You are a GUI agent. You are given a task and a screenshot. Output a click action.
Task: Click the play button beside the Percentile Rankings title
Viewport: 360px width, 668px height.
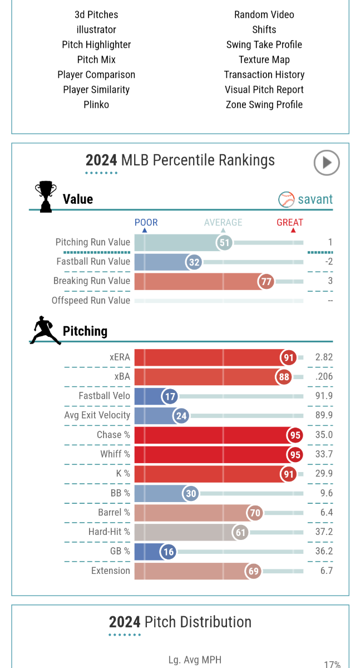click(326, 163)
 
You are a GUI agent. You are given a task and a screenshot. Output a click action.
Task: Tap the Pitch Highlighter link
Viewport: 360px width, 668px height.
click(96, 45)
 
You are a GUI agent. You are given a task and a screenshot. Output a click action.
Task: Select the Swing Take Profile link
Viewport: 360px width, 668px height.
click(264, 45)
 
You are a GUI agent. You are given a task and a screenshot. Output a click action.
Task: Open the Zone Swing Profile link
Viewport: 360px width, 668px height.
click(264, 105)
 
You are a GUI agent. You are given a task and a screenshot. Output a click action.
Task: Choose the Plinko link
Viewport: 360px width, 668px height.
click(96, 105)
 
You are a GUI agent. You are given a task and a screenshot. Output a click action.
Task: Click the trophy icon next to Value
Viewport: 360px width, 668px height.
click(45, 197)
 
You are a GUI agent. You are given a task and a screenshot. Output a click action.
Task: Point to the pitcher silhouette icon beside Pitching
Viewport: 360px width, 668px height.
click(45, 331)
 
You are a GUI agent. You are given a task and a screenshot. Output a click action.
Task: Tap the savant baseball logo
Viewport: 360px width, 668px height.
click(286, 199)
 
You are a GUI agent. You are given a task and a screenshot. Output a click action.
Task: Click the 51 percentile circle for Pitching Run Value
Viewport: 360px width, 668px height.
click(224, 243)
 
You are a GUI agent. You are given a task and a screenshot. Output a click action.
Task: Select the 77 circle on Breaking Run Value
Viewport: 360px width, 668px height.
click(266, 281)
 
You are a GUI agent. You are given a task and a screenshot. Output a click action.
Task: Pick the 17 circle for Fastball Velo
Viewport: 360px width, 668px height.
click(170, 396)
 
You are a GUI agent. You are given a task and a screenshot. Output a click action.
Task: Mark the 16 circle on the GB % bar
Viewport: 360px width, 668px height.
click(168, 552)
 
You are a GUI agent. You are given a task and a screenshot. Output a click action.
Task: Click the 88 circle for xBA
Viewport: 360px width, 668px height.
click(284, 377)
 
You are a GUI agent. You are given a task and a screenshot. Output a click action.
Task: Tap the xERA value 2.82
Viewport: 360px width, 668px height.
click(324, 357)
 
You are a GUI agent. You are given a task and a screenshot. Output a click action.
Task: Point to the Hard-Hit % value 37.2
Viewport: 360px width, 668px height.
click(324, 532)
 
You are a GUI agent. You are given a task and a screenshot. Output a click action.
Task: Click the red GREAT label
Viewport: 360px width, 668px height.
click(290, 223)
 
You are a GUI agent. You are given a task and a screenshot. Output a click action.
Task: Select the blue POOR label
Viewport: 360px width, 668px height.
click(146, 223)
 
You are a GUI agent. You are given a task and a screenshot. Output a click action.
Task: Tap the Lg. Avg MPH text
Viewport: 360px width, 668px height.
click(195, 660)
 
